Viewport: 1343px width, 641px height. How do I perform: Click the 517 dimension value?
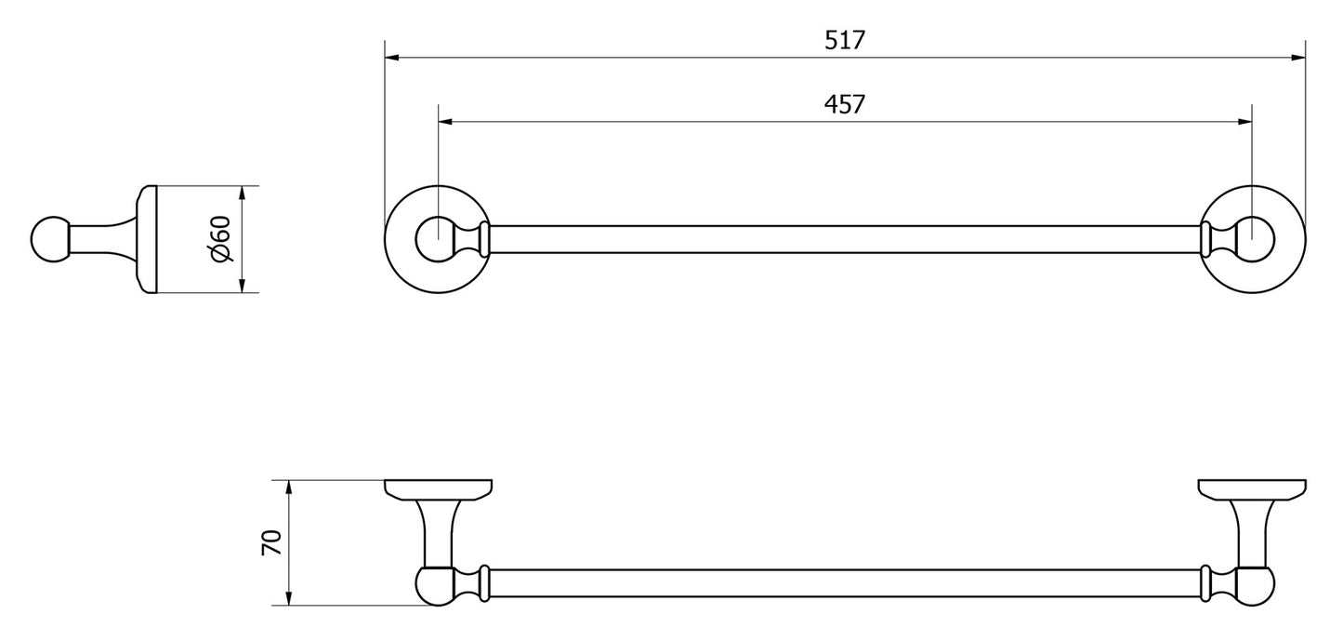(x=845, y=40)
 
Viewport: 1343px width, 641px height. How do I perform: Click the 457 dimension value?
(x=845, y=104)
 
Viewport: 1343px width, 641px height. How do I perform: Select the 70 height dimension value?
(x=270, y=542)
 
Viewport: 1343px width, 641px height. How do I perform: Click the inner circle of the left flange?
(x=432, y=239)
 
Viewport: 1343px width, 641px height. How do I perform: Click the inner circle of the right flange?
(x=1252, y=239)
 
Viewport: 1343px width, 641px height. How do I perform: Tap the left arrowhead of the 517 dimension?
(x=391, y=58)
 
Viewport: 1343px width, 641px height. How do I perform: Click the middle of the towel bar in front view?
(x=844, y=239)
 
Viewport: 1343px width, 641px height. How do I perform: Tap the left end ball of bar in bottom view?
(x=433, y=587)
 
